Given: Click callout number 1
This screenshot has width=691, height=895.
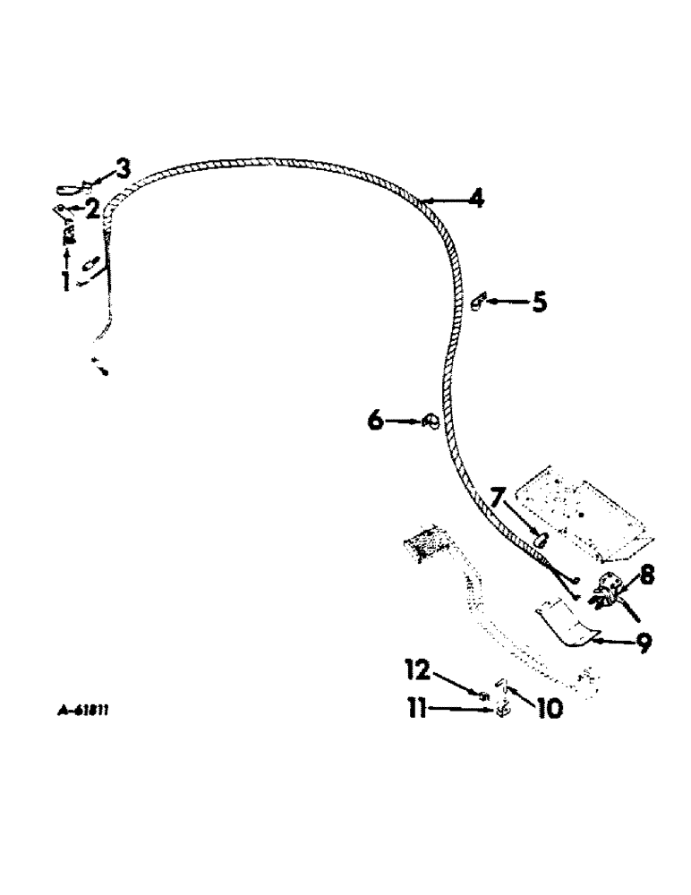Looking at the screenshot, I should click(65, 281).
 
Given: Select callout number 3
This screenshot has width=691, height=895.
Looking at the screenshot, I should click(121, 168).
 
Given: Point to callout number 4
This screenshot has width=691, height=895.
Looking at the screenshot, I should click(476, 199).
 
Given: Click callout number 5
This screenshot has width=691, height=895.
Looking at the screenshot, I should click(538, 303).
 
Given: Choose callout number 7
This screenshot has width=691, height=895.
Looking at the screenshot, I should click(497, 498).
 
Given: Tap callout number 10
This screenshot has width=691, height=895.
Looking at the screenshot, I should click(549, 709).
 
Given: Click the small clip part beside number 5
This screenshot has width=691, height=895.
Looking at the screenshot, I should click(476, 302).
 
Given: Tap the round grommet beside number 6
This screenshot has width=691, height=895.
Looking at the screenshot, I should click(428, 421).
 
